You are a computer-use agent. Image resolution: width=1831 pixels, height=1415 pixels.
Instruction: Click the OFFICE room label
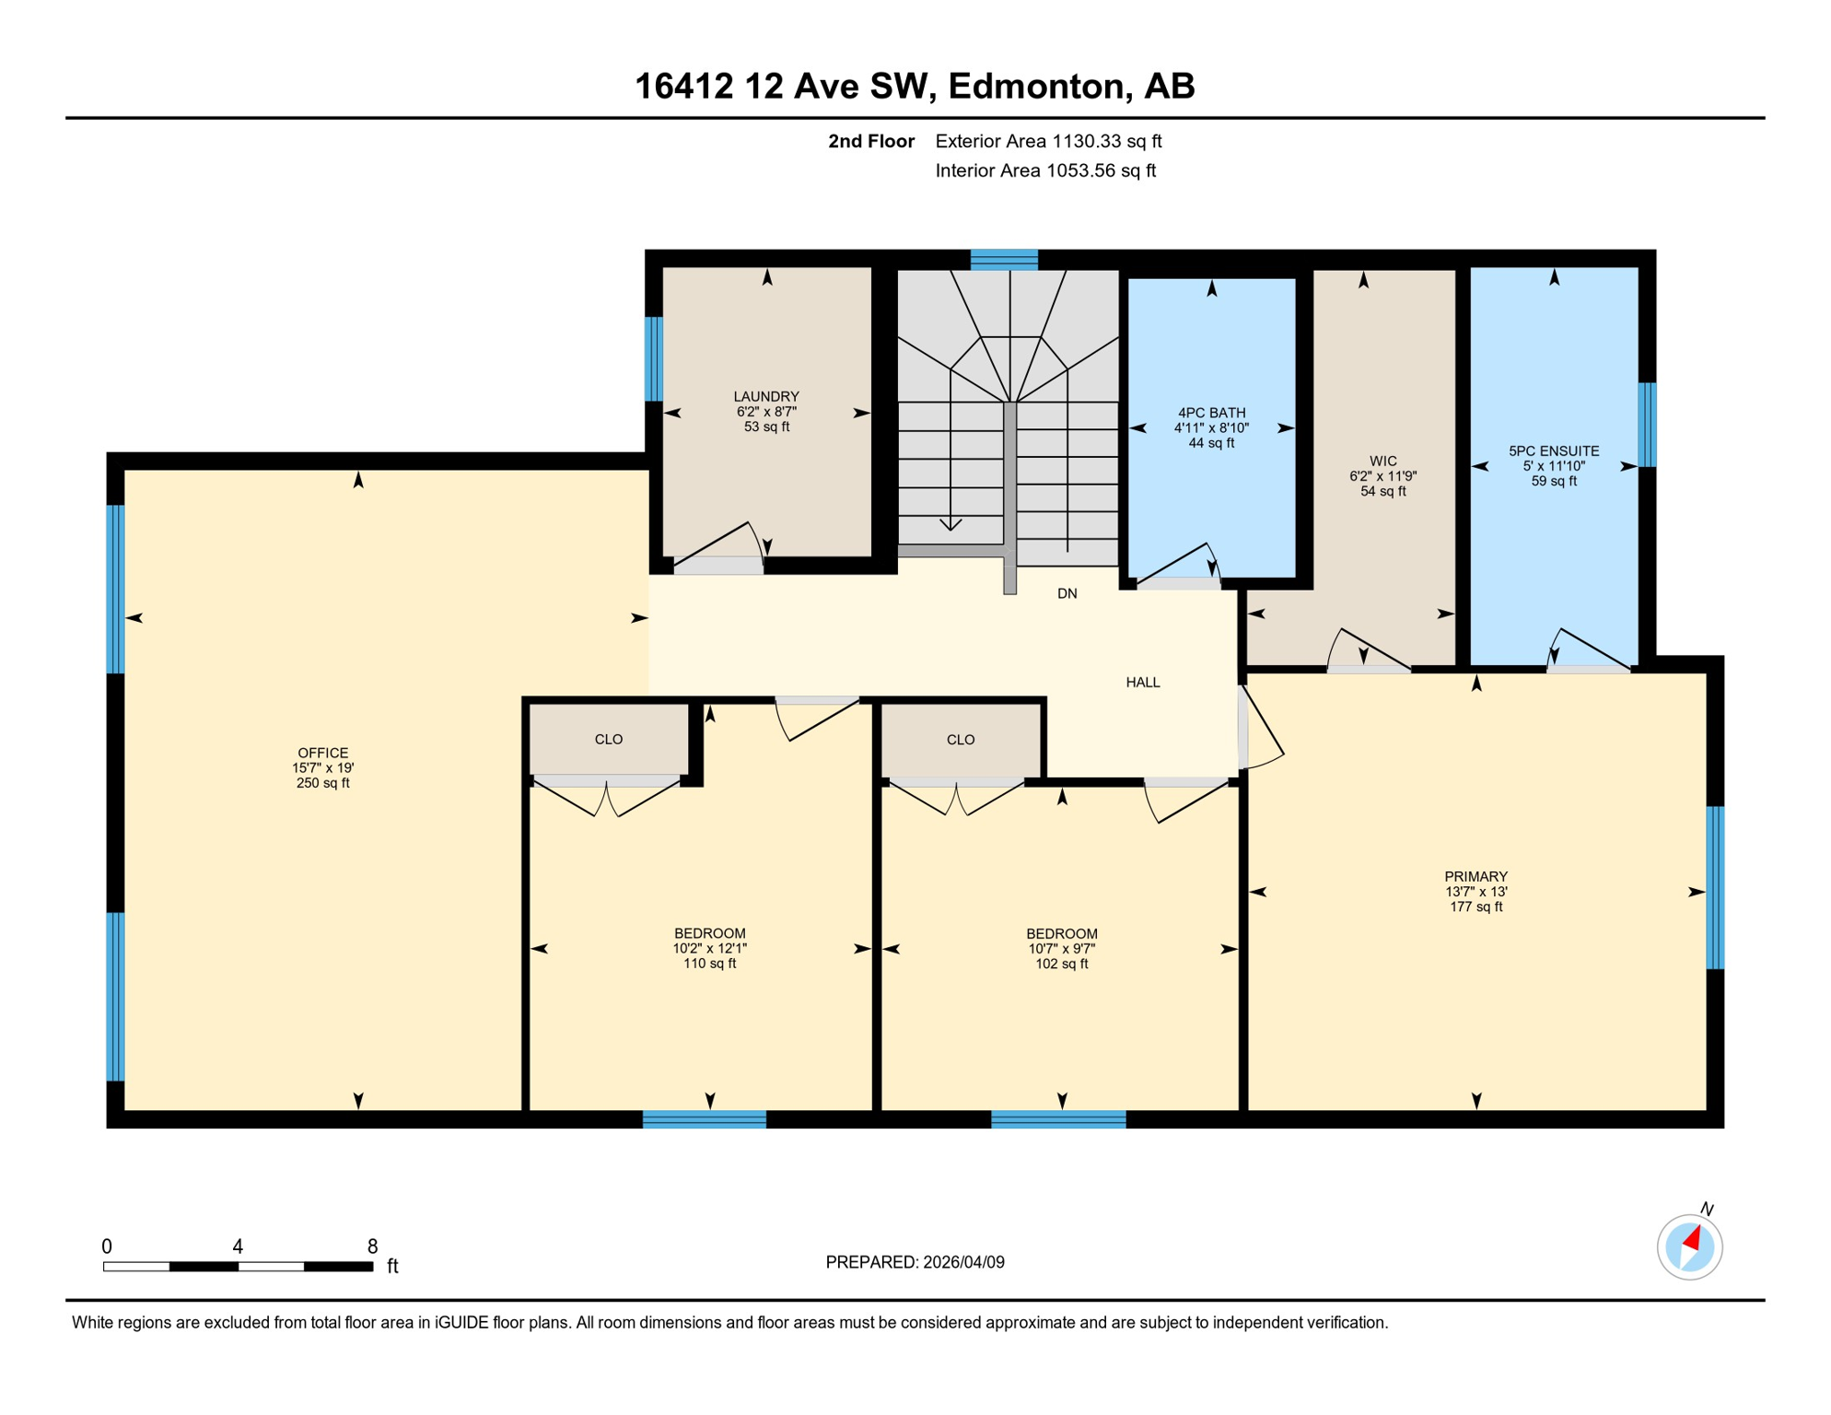pos(322,753)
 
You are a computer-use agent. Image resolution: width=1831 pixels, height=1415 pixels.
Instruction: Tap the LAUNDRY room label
pos(766,397)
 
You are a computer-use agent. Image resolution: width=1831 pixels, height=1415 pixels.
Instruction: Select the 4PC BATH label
pos(1211,413)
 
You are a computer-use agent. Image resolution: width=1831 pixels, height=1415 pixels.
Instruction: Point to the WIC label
pos(1382,461)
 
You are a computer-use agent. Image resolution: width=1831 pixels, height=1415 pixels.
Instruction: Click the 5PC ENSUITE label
pos(1554,450)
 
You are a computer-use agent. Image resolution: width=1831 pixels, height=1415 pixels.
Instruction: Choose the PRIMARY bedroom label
pos(1475,876)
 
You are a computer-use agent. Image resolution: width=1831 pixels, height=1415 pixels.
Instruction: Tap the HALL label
pos(1142,682)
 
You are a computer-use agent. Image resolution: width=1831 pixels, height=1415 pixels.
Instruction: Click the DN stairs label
pos(1067,593)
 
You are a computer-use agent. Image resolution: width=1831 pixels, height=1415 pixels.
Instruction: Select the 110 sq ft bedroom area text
pos(709,964)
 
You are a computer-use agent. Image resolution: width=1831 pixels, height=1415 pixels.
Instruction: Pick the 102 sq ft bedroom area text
pos(1061,964)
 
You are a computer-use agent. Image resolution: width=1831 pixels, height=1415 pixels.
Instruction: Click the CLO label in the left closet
pos(609,739)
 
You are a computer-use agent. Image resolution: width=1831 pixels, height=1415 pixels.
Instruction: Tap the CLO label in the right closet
pos(961,739)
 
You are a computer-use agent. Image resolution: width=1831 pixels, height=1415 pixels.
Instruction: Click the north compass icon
pos(1689,1247)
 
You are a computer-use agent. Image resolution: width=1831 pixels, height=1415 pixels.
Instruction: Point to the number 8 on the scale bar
pos(372,1246)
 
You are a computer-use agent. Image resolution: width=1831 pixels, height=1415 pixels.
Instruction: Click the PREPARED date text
pos(915,1262)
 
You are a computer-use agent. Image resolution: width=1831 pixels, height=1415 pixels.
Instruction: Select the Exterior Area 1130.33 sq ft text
pos(1048,141)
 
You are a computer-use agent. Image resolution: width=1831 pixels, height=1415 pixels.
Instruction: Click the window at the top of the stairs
pos(1004,259)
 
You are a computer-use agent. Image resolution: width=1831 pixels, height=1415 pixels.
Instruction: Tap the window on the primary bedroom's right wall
pos(1715,887)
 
